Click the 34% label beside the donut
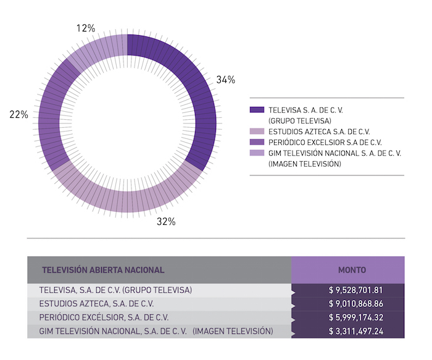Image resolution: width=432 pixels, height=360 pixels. [226, 80]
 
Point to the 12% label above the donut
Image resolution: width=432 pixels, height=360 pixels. [86, 28]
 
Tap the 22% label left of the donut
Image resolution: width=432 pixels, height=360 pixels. [19, 114]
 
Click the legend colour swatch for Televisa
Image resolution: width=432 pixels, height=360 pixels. [257, 110]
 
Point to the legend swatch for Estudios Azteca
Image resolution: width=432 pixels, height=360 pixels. [257, 132]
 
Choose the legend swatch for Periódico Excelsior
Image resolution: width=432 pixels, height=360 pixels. [257, 142]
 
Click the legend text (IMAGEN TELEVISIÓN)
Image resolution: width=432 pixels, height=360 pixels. [305, 164]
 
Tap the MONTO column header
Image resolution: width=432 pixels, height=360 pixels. [352, 270]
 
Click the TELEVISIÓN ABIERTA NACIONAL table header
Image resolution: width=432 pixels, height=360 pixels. [102, 270]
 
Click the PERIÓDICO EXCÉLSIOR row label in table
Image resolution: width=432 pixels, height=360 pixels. [104, 317]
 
